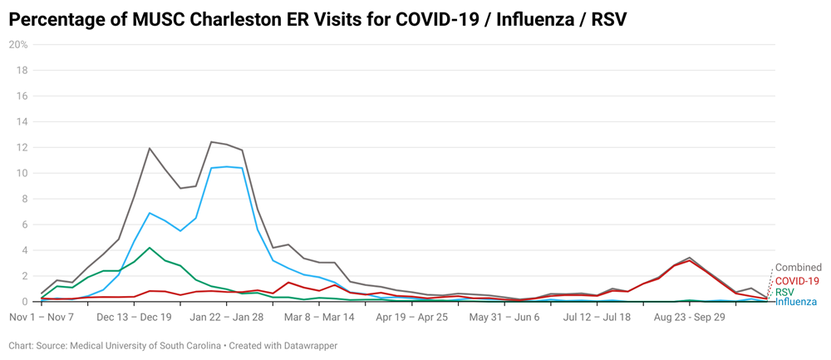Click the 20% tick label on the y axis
pos(18,44)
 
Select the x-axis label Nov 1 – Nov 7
pos(42,317)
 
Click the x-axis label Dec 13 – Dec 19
pos(134,317)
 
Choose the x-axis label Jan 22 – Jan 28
pos(227,317)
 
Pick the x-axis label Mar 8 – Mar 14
pos(319,317)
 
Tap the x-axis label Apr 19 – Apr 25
pos(412,317)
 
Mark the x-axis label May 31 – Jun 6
pos(504,317)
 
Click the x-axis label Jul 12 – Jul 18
pos(597,317)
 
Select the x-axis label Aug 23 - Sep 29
pos(690,317)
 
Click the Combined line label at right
pos(798,268)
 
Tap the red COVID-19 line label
pos(797,281)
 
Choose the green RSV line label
pos(784,292)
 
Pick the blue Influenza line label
pos(795,302)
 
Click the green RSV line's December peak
pos(150,248)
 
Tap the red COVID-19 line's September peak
pos(690,261)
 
